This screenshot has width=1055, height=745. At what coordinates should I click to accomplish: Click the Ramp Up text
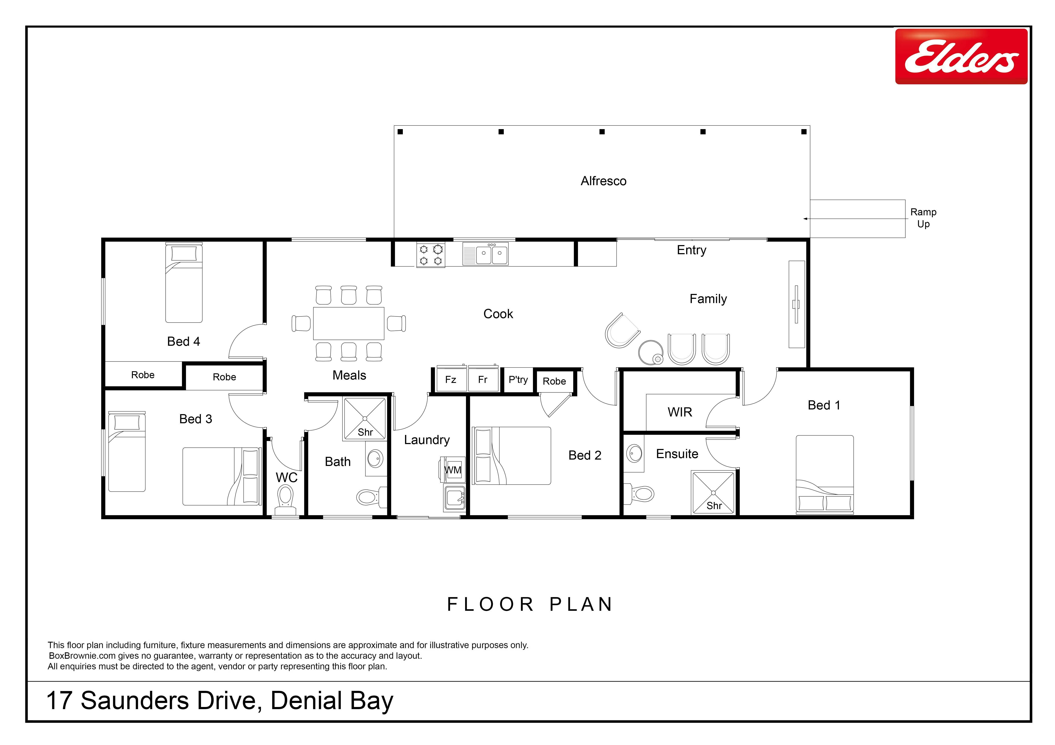[923, 218]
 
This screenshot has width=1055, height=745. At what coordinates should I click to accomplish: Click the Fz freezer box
[451, 379]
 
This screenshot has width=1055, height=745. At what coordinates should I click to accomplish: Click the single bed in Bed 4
[184, 282]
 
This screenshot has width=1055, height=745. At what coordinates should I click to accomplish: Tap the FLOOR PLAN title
[530, 605]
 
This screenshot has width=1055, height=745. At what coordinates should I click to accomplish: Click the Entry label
[692, 250]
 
